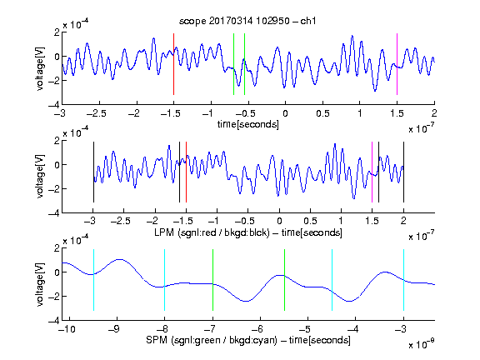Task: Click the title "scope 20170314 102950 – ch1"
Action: pos(247,21)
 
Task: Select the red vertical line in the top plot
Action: pos(173,64)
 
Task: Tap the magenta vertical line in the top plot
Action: pos(397,64)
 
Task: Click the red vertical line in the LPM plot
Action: pos(186,172)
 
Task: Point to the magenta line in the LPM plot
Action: pos(372,172)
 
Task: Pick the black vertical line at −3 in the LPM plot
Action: pos(93,172)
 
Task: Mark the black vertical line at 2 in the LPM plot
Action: pos(403,172)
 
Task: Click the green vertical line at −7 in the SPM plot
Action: pos(212,280)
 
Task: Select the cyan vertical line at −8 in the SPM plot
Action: pos(165,280)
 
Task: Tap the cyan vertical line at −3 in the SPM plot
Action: pos(403,280)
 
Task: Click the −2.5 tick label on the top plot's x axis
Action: pos(97,113)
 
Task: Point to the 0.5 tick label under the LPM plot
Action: pos(311,221)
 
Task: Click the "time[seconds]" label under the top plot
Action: pos(248,124)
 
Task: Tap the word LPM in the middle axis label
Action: pos(164,232)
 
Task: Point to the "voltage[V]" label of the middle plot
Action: pos(40,176)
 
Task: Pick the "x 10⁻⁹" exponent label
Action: pos(421,344)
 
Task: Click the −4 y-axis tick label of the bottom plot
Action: pos(54,321)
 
